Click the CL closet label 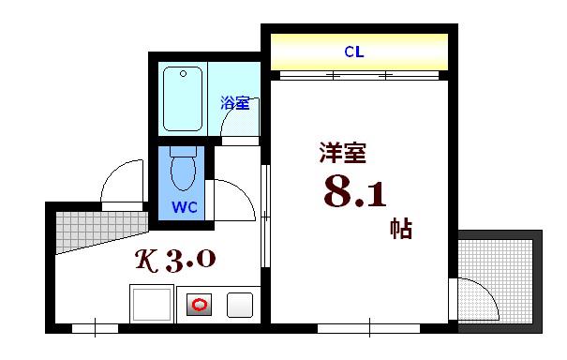(x=354, y=52)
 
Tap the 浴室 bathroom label (x=235, y=103)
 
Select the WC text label (x=185, y=207)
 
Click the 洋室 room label (x=343, y=153)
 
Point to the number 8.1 (x=355, y=192)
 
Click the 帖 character (x=401, y=229)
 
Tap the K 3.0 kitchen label (x=175, y=260)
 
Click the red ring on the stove (x=200, y=305)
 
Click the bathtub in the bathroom (x=183, y=98)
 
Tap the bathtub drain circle (x=183, y=74)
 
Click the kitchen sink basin (x=152, y=305)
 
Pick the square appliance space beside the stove (x=240, y=305)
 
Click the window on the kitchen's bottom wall (x=95, y=328)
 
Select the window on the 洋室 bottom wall (x=369, y=328)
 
